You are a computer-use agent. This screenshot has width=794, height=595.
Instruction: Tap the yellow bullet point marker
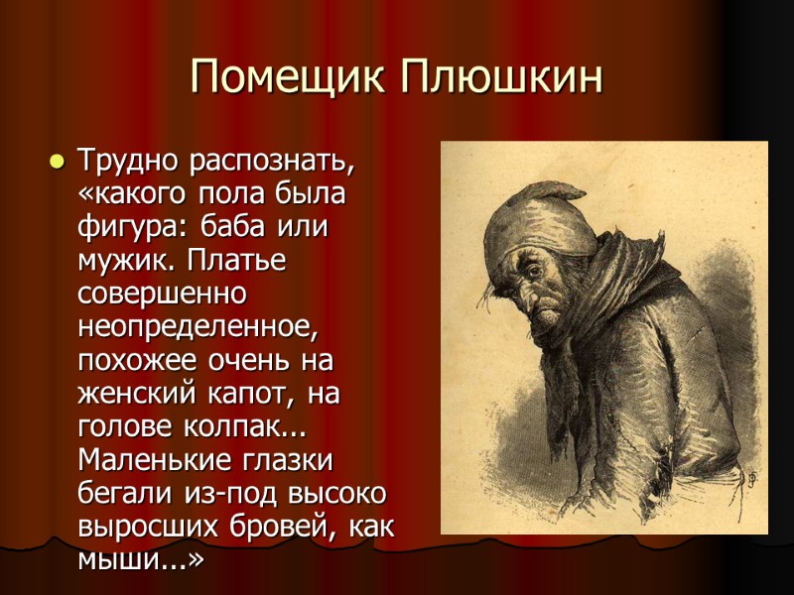(x=57, y=161)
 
